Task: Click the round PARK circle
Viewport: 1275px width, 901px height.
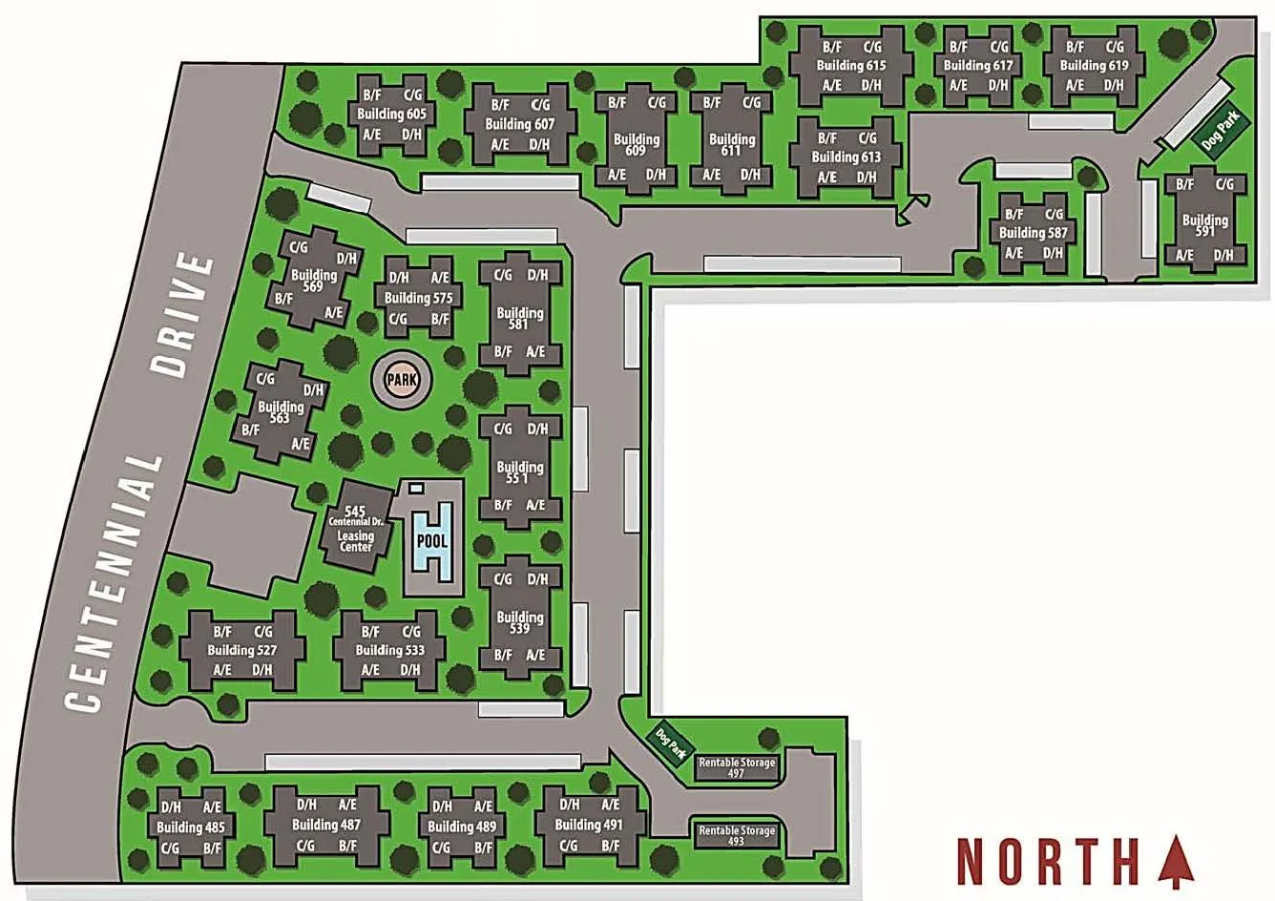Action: (x=402, y=380)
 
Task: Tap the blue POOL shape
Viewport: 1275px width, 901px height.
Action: (x=430, y=541)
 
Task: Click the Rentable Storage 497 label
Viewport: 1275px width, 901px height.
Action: (x=737, y=767)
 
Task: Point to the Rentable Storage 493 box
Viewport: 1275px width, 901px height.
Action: (x=737, y=836)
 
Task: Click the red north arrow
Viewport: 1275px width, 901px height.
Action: (x=1176, y=861)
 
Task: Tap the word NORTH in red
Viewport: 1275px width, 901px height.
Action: (x=1048, y=862)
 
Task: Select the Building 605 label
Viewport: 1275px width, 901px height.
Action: (x=391, y=114)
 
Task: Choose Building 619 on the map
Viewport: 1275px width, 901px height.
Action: (x=1094, y=66)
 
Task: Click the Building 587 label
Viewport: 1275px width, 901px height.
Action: (x=1034, y=233)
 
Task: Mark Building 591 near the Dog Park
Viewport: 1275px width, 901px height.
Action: (x=1204, y=225)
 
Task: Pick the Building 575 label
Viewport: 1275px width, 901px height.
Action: (x=418, y=298)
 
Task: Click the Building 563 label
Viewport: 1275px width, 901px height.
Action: (x=280, y=411)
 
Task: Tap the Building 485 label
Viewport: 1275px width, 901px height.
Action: (x=191, y=828)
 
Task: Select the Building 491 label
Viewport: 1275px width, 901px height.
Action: (x=588, y=825)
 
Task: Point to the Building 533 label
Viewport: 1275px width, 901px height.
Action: (x=389, y=650)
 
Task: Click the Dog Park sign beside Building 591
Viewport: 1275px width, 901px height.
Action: (x=1220, y=130)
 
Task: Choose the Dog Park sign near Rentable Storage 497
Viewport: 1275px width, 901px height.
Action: (x=672, y=744)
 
